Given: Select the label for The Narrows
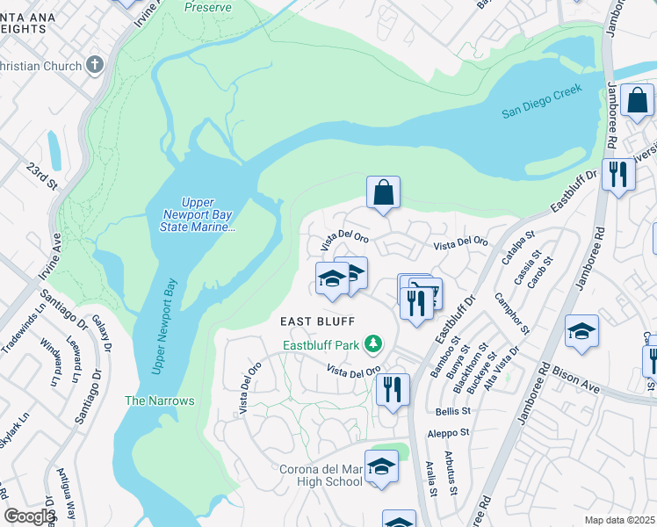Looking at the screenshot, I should [159, 401].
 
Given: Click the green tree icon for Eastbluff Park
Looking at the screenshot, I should [374, 343].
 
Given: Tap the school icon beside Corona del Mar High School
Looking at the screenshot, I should [381, 466].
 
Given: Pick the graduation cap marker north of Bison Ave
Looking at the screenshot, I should [581, 331].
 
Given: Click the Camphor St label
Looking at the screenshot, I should [512, 314].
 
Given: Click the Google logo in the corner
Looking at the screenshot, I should [29, 516].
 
